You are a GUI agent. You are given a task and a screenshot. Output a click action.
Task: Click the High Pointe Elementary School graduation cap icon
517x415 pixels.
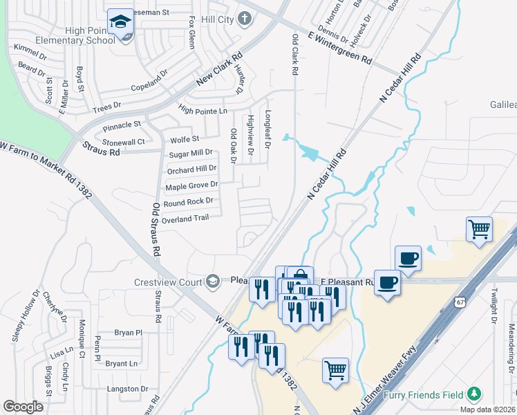[121, 23]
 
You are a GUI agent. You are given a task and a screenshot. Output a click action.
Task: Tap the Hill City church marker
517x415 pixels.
[243, 19]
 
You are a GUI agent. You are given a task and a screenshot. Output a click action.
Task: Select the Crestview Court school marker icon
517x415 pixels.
[212, 280]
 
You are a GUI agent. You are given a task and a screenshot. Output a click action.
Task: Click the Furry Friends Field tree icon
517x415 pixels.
[473, 394]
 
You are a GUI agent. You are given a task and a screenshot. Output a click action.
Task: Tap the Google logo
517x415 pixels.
[23, 407]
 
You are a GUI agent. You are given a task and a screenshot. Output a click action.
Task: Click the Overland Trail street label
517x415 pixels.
[185, 219]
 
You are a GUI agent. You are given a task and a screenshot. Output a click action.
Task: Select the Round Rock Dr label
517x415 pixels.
[189, 202]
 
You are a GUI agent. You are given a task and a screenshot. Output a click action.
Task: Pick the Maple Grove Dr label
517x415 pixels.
[191, 185]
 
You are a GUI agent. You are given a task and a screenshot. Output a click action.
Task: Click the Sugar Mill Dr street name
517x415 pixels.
[191, 153]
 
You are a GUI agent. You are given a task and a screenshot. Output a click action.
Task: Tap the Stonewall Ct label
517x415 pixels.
[123, 142]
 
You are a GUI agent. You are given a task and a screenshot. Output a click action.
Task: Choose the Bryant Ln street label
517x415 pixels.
[122, 363]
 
